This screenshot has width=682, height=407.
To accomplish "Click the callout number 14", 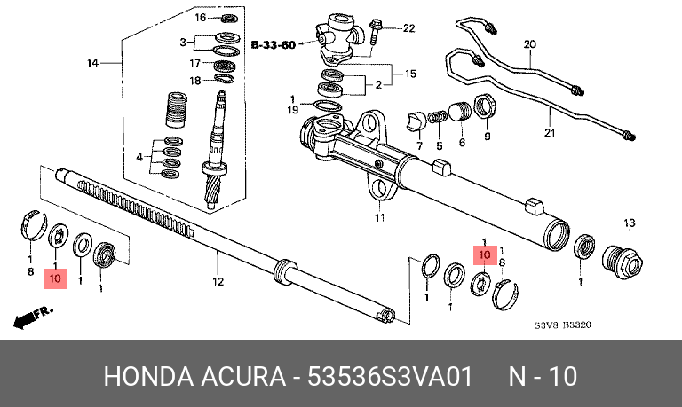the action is (x=92, y=63).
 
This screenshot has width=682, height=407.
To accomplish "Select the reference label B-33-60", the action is (x=274, y=44).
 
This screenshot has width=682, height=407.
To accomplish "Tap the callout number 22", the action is (x=408, y=28).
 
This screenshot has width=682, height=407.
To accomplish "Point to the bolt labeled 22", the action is (x=374, y=31).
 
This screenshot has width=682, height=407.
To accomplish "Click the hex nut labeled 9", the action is (x=484, y=107).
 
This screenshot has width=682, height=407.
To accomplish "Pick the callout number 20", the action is (x=530, y=44).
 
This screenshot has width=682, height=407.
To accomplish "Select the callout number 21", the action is (x=550, y=132).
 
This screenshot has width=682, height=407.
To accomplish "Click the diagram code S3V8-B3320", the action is (x=563, y=325).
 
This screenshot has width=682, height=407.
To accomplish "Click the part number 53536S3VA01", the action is (x=390, y=376).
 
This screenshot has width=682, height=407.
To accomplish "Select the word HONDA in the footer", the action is (x=148, y=376).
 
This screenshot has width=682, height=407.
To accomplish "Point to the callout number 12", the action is (x=218, y=281).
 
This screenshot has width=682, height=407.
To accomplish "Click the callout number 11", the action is (x=380, y=217).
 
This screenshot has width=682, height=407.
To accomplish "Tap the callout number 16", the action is (x=200, y=18).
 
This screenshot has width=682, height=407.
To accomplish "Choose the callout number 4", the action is (x=139, y=157).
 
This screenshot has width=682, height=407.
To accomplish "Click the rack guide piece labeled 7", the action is (x=416, y=121).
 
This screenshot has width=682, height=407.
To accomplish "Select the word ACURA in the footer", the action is (x=242, y=376).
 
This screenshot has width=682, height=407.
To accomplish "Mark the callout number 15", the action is (x=410, y=74).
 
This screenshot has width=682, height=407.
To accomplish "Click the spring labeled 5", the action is (x=437, y=117).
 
